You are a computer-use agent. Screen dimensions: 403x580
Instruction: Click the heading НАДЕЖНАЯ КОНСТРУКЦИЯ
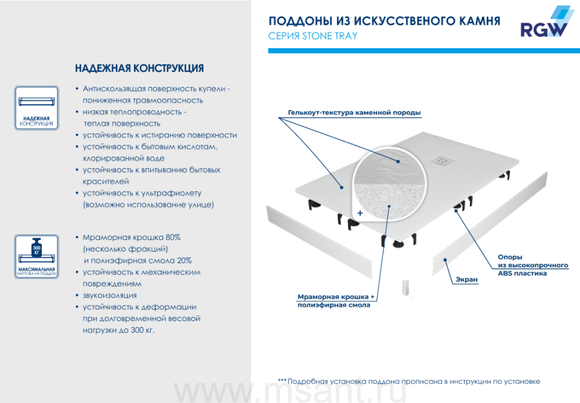point(140,68)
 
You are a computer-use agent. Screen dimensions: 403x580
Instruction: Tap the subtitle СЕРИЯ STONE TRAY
point(313,36)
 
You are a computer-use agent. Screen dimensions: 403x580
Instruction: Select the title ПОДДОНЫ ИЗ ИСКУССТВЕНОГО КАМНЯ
point(384,21)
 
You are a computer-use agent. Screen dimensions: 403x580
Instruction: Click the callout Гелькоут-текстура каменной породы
point(350,113)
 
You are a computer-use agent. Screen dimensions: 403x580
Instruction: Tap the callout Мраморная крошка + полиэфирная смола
point(335,301)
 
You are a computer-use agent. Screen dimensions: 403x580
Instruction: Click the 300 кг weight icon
point(37,250)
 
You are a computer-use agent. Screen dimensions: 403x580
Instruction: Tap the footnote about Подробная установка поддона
point(409,381)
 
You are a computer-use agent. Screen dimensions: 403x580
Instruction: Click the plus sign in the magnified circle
point(360,212)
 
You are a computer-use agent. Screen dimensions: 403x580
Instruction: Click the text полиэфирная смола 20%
point(137,261)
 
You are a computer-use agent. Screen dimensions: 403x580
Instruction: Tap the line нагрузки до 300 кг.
point(119,330)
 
